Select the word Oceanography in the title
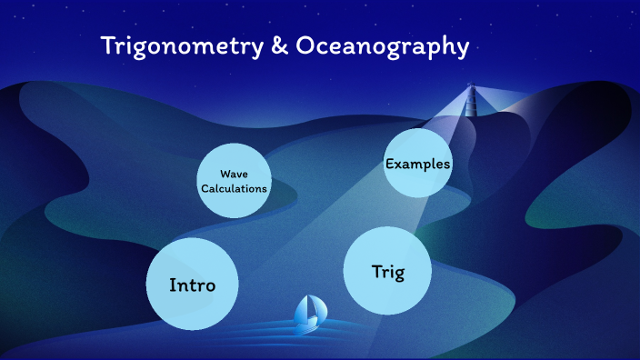(x=383, y=46)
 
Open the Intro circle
(x=192, y=285)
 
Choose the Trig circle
(x=387, y=271)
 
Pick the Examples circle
(x=418, y=164)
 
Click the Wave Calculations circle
(x=234, y=181)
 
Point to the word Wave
(x=234, y=174)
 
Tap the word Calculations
(x=234, y=188)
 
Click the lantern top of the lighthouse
(x=471, y=88)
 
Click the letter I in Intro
(x=172, y=285)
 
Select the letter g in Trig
(x=398, y=273)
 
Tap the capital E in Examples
(x=390, y=164)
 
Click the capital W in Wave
(x=224, y=174)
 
